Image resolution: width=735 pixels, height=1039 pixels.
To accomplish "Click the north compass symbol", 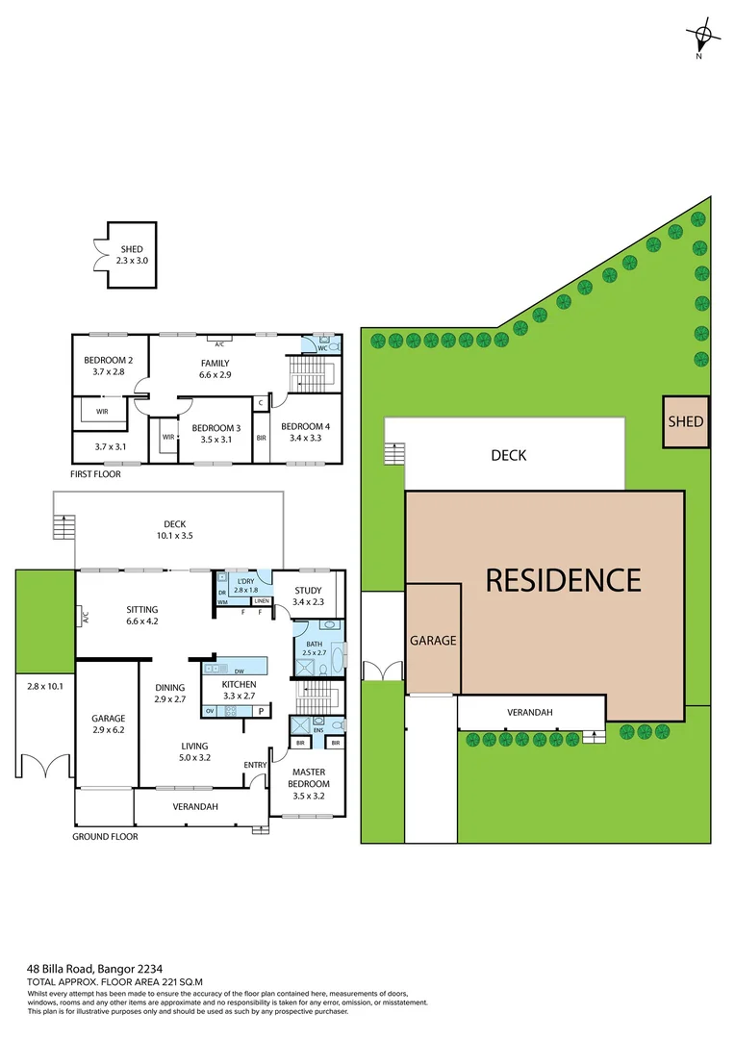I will coord(703,38).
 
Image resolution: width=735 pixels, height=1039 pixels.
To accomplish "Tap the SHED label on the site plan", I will coord(686,421).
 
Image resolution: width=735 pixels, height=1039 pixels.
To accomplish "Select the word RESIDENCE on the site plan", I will coord(563,580).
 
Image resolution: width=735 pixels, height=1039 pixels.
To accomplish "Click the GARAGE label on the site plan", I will coord(433,640).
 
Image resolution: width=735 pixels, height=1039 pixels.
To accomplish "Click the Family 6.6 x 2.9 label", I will coord(215,368).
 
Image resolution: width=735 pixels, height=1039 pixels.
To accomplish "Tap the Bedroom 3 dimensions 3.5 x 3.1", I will coord(215,440).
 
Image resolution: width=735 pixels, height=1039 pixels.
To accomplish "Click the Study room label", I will coord(308,590).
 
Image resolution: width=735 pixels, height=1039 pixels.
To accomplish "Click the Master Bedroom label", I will coord(308,778).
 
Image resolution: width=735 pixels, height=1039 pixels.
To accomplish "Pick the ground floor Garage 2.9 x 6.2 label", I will coord(109,723).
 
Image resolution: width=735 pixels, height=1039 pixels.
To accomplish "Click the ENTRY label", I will coord(256,766).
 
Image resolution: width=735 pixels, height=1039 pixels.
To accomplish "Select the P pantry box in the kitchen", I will coord(261,711).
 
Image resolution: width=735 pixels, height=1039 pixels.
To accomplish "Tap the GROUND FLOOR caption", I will coord(105,837).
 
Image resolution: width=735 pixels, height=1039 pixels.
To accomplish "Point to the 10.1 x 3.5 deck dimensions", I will coord(174,536).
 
